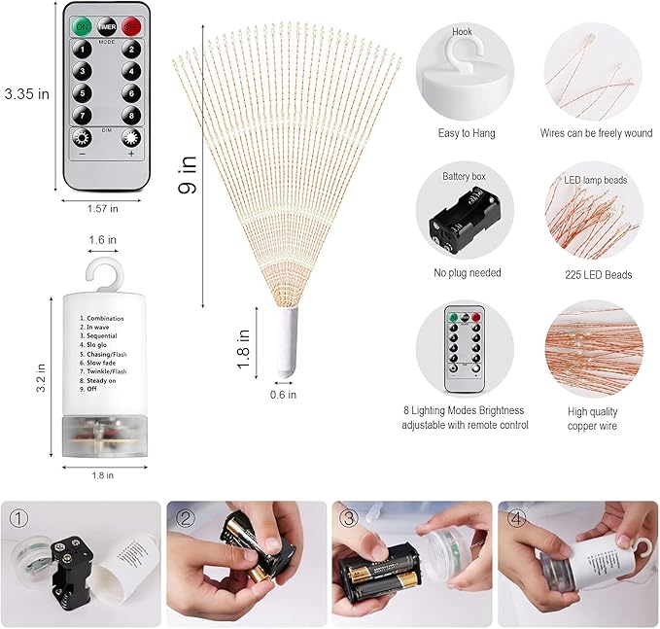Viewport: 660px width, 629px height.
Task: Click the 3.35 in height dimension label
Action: pos(27,94)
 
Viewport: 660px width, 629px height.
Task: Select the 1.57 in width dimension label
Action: pos(102,208)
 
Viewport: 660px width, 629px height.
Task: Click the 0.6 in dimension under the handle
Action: pos(284,394)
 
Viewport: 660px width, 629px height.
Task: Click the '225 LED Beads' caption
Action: pos(600,274)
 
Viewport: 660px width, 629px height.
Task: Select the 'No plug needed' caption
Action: pos(467,273)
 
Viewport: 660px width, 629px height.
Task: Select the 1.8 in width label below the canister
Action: pos(104,474)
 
